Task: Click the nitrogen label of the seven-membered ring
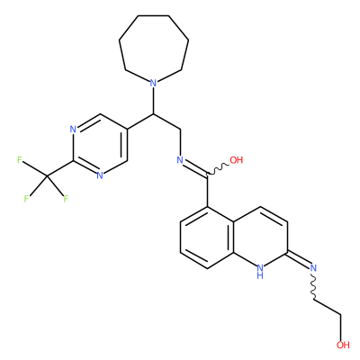pos(153,83)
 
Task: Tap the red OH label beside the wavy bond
pos(237,160)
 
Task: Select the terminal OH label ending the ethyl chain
pos(343,345)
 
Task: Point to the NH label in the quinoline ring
pos(260,271)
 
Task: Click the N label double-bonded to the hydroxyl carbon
pos(180,160)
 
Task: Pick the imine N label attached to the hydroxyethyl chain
pos(314,267)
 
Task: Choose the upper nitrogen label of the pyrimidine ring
pos(73,130)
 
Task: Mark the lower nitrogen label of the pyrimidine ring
pos(100,175)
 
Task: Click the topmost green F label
pos(20,160)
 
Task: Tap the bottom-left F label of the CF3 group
pos(26,199)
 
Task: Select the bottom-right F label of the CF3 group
pos(66,199)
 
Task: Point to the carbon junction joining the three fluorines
pos(47,175)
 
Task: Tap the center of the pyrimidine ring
pos(100,146)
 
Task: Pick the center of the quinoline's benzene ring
pos(207,238)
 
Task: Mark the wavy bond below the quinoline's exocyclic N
pos(314,285)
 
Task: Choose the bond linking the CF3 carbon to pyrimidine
pos(59,167)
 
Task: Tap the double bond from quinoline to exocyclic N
pos(299,259)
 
